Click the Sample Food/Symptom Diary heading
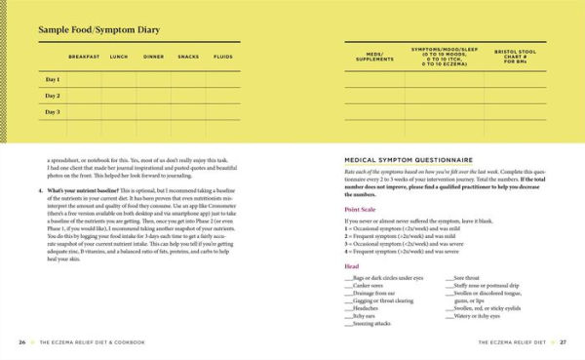[97, 30]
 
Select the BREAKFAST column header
[84, 58]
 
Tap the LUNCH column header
[119, 58]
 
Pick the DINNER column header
[153, 58]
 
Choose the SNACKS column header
[188, 58]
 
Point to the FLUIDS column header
[223, 58]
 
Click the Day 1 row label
[53, 79]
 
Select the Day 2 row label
[53, 96]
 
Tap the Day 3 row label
[53, 112]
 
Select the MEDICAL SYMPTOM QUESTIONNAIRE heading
[409, 159]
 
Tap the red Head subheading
[353, 265]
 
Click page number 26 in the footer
[21, 343]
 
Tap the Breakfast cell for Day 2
[84, 96]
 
